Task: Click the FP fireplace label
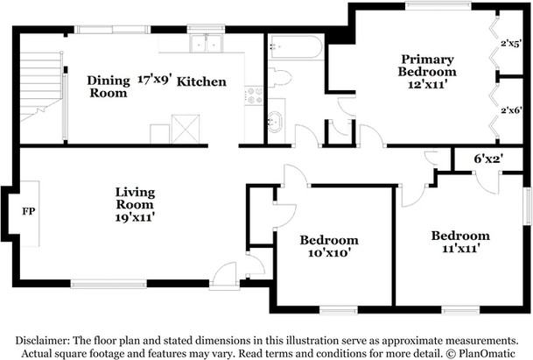click(29, 211)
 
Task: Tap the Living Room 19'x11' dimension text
click(135, 217)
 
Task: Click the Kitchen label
click(201, 81)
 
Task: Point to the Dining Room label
click(109, 87)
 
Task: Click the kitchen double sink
click(206, 43)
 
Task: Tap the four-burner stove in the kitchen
click(254, 95)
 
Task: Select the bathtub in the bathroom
click(296, 46)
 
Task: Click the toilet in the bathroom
click(280, 77)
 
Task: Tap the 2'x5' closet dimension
click(511, 44)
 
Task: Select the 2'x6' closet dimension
click(511, 110)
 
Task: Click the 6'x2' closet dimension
click(488, 159)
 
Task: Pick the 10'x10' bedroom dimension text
click(329, 253)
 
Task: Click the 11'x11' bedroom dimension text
click(460, 249)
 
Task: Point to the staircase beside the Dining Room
click(41, 87)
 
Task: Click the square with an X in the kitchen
click(186, 129)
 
